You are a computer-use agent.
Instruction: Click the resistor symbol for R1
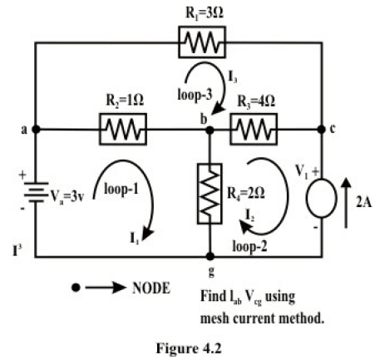click(200, 42)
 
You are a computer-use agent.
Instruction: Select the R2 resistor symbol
click(123, 130)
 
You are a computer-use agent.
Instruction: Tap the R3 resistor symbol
click(253, 130)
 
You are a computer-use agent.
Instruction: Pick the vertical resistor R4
click(209, 194)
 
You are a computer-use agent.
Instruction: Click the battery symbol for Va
click(34, 193)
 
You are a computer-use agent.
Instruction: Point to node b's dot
click(209, 131)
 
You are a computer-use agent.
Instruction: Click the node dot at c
click(322, 131)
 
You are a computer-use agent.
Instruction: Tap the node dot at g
click(209, 257)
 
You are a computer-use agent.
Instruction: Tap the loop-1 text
click(122, 190)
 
